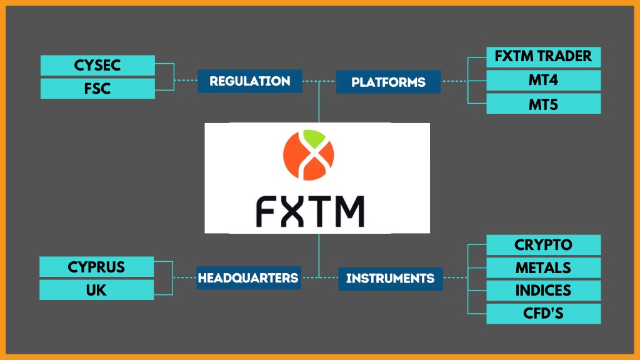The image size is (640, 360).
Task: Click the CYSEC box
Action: click(x=97, y=65)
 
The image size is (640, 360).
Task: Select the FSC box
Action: click(x=97, y=88)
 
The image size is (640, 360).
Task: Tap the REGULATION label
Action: click(x=250, y=81)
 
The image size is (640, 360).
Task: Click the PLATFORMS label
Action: click(x=388, y=82)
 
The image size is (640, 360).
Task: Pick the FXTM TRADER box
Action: click(x=543, y=57)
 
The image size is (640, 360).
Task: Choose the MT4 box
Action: click(x=543, y=80)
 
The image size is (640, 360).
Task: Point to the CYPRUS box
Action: click(x=96, y=267)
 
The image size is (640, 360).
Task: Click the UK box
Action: click(x=96, y=290)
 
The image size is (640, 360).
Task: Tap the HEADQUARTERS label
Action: click(x=248, y=277)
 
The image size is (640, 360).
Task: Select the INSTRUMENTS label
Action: click(x=390, y=278)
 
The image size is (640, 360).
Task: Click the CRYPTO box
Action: click(x=543, y=245)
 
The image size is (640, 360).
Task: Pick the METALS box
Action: click(x=543, y=267)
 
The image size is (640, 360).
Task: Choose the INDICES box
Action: click(x=543, y=291)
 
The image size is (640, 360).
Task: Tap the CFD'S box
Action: click(x=543, y=313)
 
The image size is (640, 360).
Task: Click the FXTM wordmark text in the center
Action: click(x=310, y=211)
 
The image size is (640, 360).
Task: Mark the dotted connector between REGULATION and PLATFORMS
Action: click(x=319, y=81)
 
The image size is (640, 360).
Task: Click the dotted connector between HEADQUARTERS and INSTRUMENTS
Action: click(x=319, y=277)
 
